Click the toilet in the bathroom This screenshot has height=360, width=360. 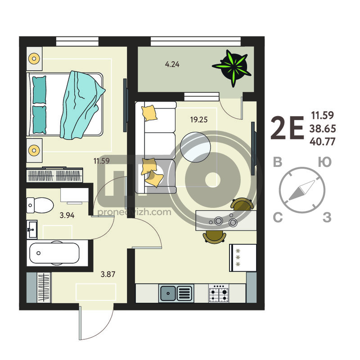coord(40,205)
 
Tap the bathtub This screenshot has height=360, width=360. coord(54,253)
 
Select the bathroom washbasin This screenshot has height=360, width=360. coord(32,229)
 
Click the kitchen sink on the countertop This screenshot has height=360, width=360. coord(176,293)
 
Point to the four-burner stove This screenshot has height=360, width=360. coord(219,293)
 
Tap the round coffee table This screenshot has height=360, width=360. coord(195,147)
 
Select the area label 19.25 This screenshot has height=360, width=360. coord(199,120)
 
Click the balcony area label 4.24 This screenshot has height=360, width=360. coord(172,64)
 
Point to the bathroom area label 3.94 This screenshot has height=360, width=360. coord(67,216)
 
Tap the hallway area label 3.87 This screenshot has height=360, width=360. coord(108,274)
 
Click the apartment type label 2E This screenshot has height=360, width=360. coord(288,128)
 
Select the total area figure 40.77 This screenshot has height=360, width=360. coord(323,141)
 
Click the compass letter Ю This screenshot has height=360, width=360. coord(325,162)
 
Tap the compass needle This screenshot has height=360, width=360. coord(301,190)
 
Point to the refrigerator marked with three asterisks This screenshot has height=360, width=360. coord(243,258)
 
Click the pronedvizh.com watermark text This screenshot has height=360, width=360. coord(134,212)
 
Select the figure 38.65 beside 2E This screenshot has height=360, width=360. coord(323,129)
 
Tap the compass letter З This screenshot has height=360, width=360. coord(327,217)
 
